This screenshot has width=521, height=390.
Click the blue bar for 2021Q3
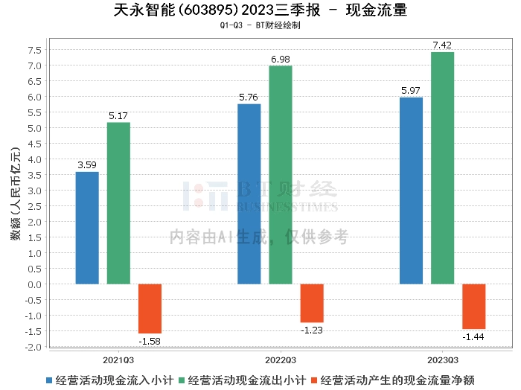(87, 228)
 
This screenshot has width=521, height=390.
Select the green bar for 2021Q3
(118, 203)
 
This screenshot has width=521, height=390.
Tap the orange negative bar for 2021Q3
(150, 308)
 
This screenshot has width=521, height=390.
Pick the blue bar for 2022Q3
(249, 194)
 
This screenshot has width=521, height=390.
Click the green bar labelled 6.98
(281, 175)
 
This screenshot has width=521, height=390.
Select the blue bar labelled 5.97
(411, 191)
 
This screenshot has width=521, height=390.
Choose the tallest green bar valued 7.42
(442, 168)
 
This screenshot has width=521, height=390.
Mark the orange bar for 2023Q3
(473, 306)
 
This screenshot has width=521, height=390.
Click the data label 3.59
(87, 164)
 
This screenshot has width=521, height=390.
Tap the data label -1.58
(150, 341)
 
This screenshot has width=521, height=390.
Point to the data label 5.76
(249, 97)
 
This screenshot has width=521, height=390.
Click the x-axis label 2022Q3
(281, 358)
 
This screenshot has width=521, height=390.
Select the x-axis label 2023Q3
(442, 358)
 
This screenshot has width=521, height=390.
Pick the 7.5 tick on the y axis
(34, 50)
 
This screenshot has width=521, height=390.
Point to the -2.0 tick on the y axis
(33, 347)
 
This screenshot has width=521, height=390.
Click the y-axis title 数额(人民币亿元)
(14, 196)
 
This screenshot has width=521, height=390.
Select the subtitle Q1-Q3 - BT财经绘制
(260, 25)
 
